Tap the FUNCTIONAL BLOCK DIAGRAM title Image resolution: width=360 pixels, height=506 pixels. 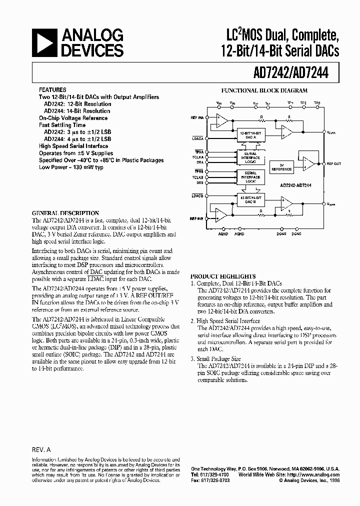point(264,91)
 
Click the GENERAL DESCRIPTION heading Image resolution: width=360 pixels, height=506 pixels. point(65,213)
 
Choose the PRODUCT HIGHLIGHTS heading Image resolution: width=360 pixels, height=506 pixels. point(223,276)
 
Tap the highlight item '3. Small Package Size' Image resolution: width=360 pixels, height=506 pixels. point(216,359)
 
